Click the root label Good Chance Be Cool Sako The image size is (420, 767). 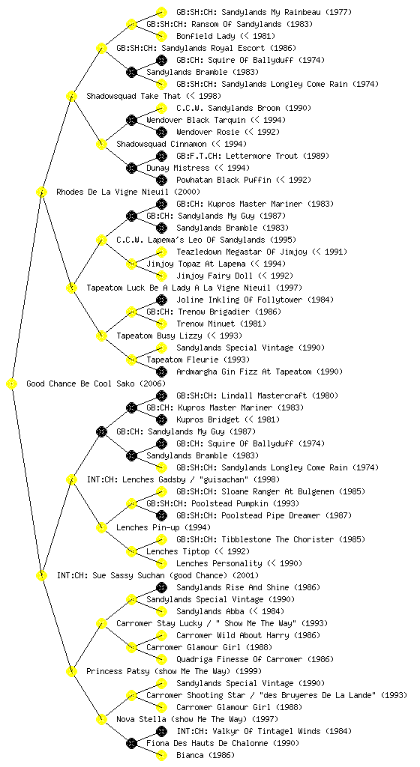[84, 383]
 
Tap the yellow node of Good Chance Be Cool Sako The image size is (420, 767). [12, 383]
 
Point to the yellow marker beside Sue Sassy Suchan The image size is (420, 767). [41, 575]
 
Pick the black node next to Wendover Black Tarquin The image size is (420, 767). [131, 120]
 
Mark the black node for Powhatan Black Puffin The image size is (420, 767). [161, 180]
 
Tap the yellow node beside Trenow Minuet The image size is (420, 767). [161, 324]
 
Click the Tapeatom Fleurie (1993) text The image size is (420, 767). [198, 360]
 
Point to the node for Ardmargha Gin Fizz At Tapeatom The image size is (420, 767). [161, 372]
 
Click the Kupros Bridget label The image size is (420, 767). [208, 419]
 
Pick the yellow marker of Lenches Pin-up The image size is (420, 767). [101, 527]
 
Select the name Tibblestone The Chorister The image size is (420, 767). [271, 539]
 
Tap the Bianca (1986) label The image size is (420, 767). [205, 755]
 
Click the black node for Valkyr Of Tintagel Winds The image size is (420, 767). [161, 731]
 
